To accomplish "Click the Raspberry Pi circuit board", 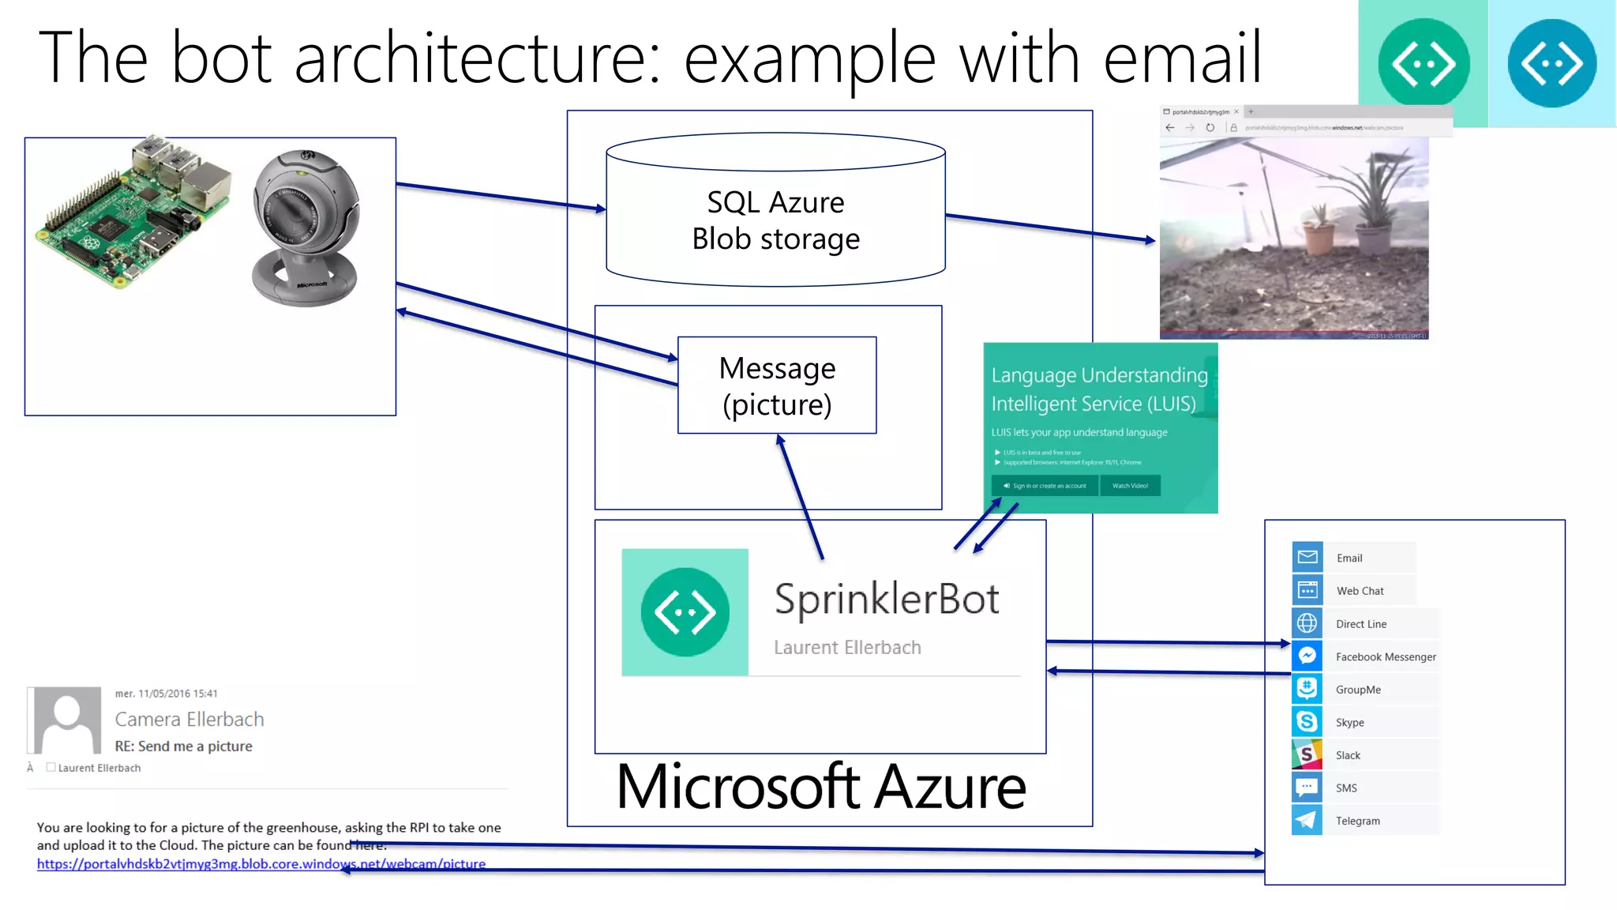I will tap(130, 217).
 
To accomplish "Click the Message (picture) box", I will tap(777, 385).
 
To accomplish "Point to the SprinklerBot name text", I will tap(887, 599).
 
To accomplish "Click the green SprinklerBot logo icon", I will tap(685, 612).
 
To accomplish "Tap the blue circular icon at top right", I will tap(1551, 63).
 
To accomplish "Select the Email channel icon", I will tap(1307, 557).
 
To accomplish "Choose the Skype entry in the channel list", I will tap(1349, 723).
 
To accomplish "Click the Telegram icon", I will tap(1307, 820).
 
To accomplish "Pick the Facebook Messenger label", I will tap(1386, 657).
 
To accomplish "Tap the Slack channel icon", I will tap(1307, 754).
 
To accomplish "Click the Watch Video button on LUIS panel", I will tap(1130, 486).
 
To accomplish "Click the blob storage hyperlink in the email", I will tap(261, 864).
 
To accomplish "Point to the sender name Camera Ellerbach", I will tap(189, 720).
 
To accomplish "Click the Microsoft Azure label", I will tap(821, 788).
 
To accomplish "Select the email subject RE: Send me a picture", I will tap(183, 746).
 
